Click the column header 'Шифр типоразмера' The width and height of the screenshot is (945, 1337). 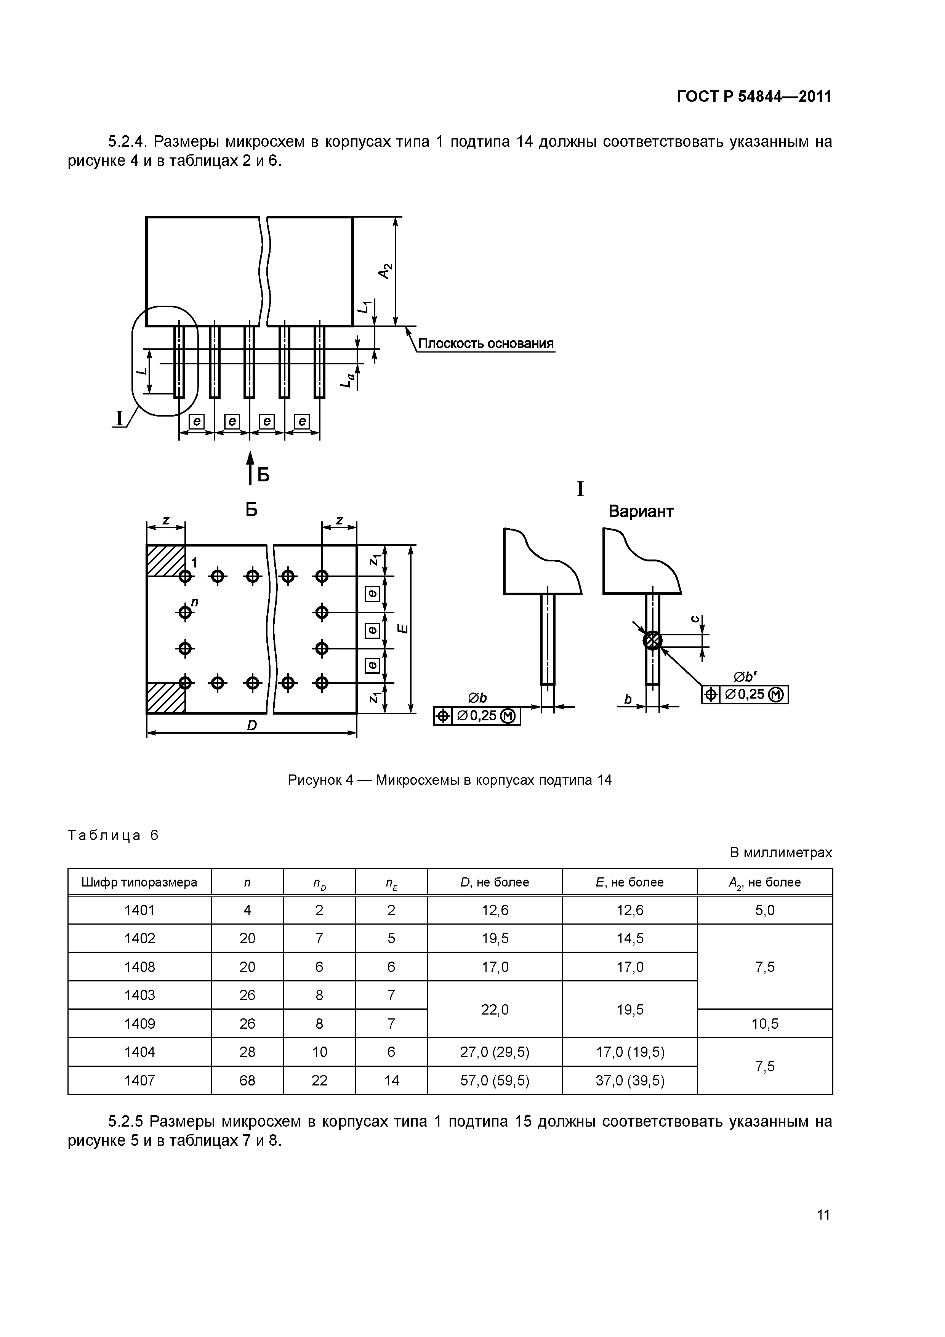pos(140,882)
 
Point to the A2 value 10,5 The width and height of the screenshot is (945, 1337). pos(764,1024)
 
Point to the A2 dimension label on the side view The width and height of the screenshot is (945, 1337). pos(385,270)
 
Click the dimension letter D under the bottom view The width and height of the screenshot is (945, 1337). pos(251,726)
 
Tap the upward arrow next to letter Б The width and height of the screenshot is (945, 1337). pos(250,467)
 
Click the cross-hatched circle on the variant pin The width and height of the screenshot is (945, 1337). pos(653,641)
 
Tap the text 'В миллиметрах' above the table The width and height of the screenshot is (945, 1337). pos(781,853)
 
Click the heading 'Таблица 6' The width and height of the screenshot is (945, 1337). pos(113,835)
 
